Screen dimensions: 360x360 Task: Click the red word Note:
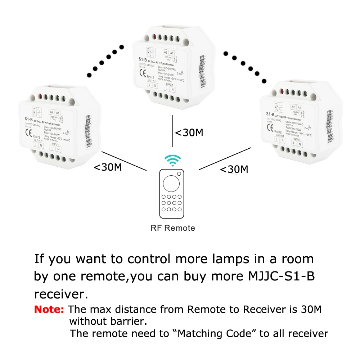point(49,309)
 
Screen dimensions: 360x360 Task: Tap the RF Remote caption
point(173,228)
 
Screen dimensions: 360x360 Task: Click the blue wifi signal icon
point(173,160)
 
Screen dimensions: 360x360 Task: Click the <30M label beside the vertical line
point(189,132)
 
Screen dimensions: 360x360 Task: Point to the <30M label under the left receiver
point(108,167)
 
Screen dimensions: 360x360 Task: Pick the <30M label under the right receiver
point(234,169)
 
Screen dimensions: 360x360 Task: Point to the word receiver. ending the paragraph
point(61,294)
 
